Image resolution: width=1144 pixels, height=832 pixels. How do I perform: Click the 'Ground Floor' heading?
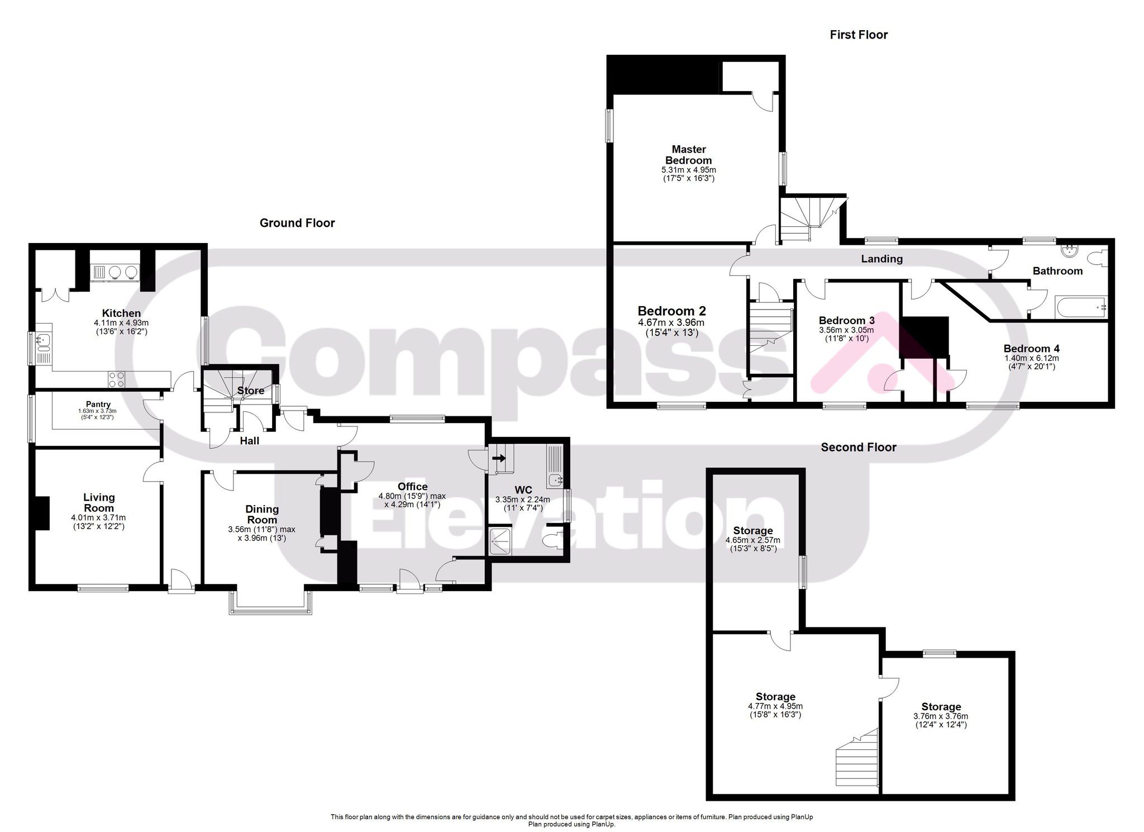[297, 223]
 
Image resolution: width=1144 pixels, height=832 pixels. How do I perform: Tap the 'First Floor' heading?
[859, 35]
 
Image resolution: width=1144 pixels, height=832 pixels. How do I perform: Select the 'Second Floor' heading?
[859, 447]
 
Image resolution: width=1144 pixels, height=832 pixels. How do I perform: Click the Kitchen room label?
[121, 313]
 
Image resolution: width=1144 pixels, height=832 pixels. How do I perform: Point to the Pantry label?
[98, 404]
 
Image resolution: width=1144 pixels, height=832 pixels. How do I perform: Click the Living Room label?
[99, 502]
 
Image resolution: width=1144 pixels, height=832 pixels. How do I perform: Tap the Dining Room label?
[262, 514]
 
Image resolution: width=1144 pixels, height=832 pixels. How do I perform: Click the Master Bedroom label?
[689, 155]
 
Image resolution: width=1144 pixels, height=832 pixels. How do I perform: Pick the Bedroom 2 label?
[672, 311]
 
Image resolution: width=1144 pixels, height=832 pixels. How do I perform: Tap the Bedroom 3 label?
[846, 320]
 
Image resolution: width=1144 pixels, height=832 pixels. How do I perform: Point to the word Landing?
[881, 259]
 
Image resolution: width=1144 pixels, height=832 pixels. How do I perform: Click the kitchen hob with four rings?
[117, 379]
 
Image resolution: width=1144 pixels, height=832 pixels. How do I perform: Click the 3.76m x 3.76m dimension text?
[941, 716]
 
